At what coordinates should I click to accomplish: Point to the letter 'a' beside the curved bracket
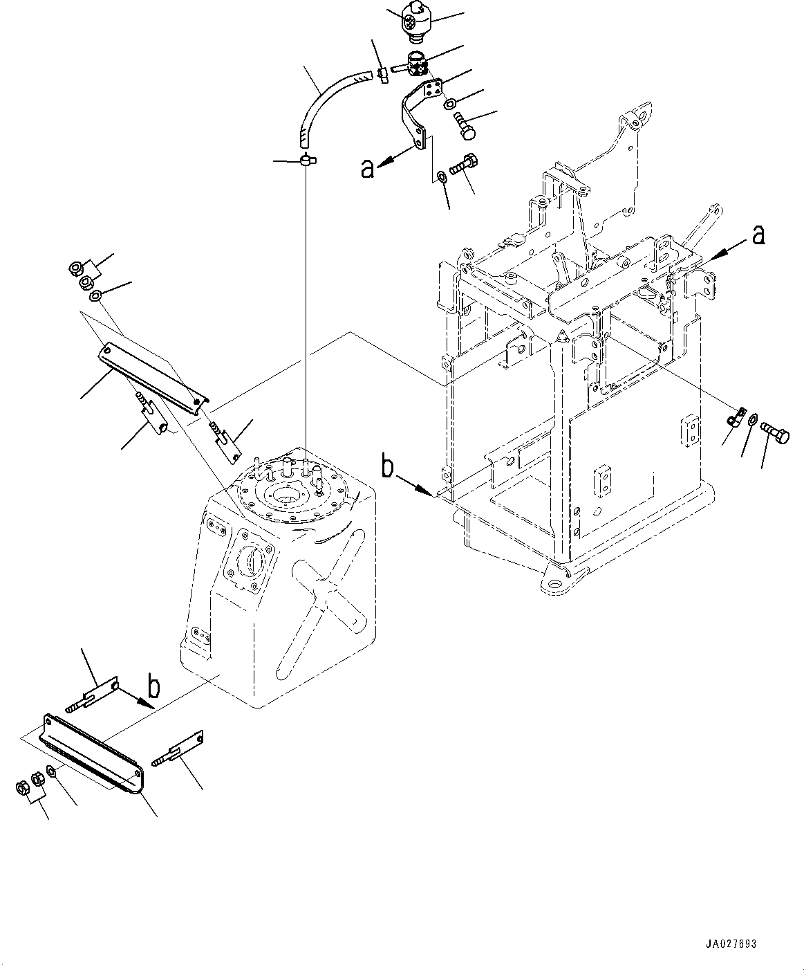click(368, 167)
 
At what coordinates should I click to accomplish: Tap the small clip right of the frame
click(734, 417)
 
